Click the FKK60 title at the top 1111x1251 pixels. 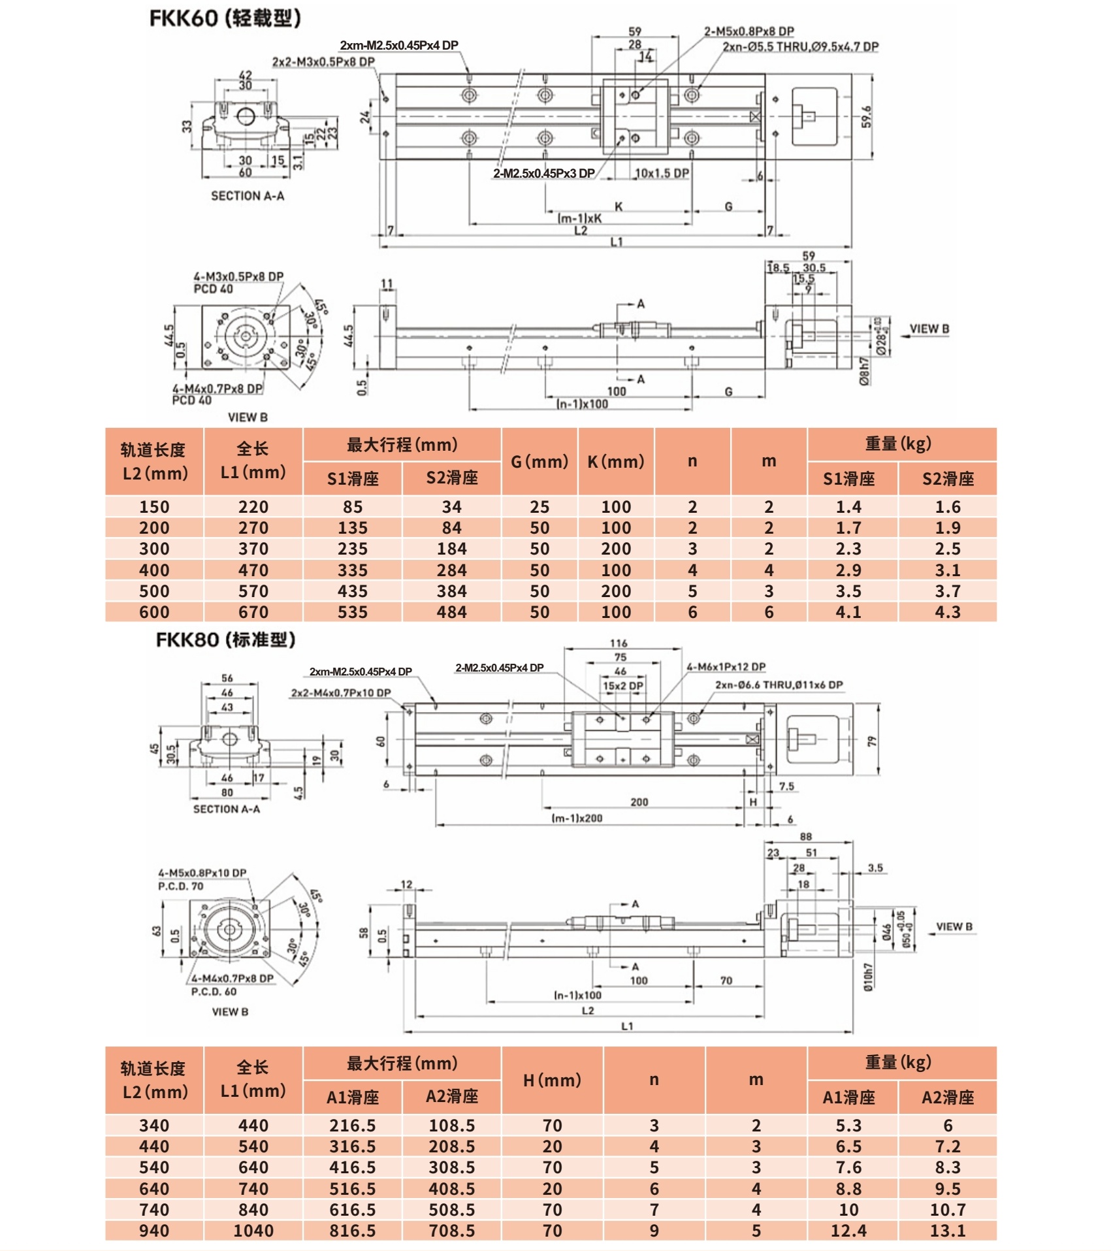225,18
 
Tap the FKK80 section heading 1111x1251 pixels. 225,640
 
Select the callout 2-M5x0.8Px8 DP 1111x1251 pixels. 749,31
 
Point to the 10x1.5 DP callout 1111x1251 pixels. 662,173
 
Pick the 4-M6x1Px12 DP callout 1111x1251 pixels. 726,667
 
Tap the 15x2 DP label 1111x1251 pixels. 622,686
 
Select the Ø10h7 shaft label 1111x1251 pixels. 868,977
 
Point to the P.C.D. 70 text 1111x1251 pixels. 180,886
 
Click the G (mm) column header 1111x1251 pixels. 539,462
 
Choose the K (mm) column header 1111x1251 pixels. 615,462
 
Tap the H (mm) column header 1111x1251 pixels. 552,1080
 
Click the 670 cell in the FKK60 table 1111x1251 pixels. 253,612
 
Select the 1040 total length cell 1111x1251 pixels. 253,1231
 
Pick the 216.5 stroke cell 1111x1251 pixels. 353,1126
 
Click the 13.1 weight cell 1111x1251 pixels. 947,1231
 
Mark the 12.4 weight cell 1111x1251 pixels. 848,1231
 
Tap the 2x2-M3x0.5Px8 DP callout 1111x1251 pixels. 323,62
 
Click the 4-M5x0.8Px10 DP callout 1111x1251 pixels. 202,873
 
